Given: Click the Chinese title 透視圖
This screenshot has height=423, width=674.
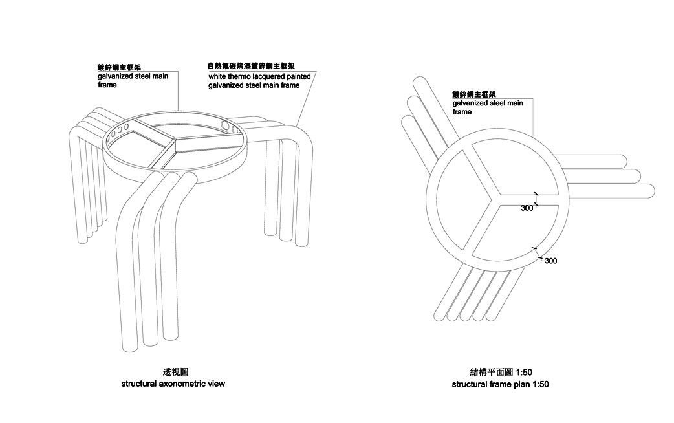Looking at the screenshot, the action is tap(176, 373).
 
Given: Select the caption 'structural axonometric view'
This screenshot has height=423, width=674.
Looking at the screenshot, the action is tap(173, 384).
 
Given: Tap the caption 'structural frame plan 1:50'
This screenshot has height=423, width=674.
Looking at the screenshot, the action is tap(501, 384).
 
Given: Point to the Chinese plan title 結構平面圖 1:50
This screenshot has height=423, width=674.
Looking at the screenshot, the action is tap(501, 373).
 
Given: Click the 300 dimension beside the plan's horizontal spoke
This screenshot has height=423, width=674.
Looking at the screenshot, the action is tap(527, 208).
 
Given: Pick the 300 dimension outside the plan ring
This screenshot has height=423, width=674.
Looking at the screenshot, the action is tap(550, 261).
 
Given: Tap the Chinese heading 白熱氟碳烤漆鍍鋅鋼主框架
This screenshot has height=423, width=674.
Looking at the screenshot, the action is tap(251, 66).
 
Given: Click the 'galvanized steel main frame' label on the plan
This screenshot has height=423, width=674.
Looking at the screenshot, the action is tap(488, 107).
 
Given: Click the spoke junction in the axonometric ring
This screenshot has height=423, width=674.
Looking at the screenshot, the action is tap(175, 140).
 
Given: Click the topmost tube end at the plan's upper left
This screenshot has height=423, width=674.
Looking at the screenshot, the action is tap(419, 83).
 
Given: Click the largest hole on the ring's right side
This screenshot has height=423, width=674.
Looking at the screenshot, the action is tap(225, 125).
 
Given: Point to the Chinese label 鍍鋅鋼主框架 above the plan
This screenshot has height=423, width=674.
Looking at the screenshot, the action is tap(474, 94).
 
